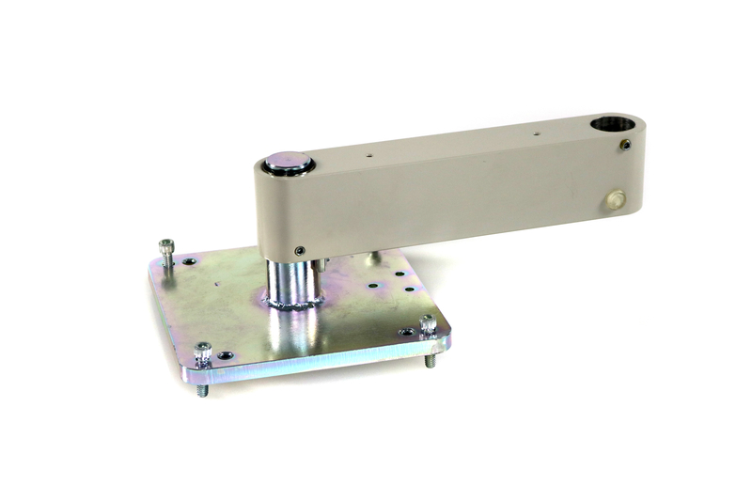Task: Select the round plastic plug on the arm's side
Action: click(615, 198)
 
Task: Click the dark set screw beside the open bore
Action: click(626, 145)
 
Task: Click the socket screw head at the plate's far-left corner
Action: click(166, 247)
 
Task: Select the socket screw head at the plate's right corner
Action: click(429, 322)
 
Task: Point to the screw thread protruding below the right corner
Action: click(432, 359)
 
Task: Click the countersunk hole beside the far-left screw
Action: click(190, 260)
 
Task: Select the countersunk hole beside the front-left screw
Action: click(226, 355)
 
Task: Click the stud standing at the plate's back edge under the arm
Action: click(373, 257)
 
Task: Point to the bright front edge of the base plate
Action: click(320, 362)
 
